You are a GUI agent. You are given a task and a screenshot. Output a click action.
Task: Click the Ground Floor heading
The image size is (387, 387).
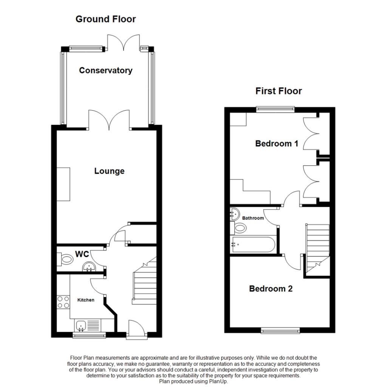[106, 19]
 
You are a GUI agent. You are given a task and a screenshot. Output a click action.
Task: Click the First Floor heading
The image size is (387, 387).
[279, 91]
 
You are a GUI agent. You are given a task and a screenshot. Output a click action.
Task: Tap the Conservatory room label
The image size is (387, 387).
[106, 71]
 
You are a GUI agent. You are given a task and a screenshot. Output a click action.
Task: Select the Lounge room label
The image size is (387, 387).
[109, 171]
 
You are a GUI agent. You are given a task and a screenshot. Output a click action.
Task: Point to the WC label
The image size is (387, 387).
[82, 254]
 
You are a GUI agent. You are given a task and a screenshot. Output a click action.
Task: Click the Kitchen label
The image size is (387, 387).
[86, 300]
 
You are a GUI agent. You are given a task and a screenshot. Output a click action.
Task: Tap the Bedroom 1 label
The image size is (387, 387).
[277, 143]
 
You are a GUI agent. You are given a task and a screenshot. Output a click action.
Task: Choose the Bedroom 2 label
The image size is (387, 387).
[271, 288]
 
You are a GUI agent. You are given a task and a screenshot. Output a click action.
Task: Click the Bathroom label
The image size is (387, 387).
[253, 218]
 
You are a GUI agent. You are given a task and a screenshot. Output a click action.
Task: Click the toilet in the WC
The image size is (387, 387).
[65, 259]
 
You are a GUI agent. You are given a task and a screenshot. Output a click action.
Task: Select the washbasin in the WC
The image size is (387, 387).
[89, 267]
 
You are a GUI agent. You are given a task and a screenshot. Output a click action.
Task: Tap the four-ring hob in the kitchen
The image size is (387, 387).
[63, 302]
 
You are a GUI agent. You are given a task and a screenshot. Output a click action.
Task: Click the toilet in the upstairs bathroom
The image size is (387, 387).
[238, 228]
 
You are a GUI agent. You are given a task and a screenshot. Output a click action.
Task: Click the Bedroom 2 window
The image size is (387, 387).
[281, 330]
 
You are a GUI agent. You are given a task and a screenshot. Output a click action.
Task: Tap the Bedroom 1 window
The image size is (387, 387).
[276, 109]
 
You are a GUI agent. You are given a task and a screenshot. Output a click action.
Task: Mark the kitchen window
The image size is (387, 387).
[89, 335]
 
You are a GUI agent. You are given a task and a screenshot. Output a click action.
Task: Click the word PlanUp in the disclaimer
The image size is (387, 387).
[218, 382]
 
